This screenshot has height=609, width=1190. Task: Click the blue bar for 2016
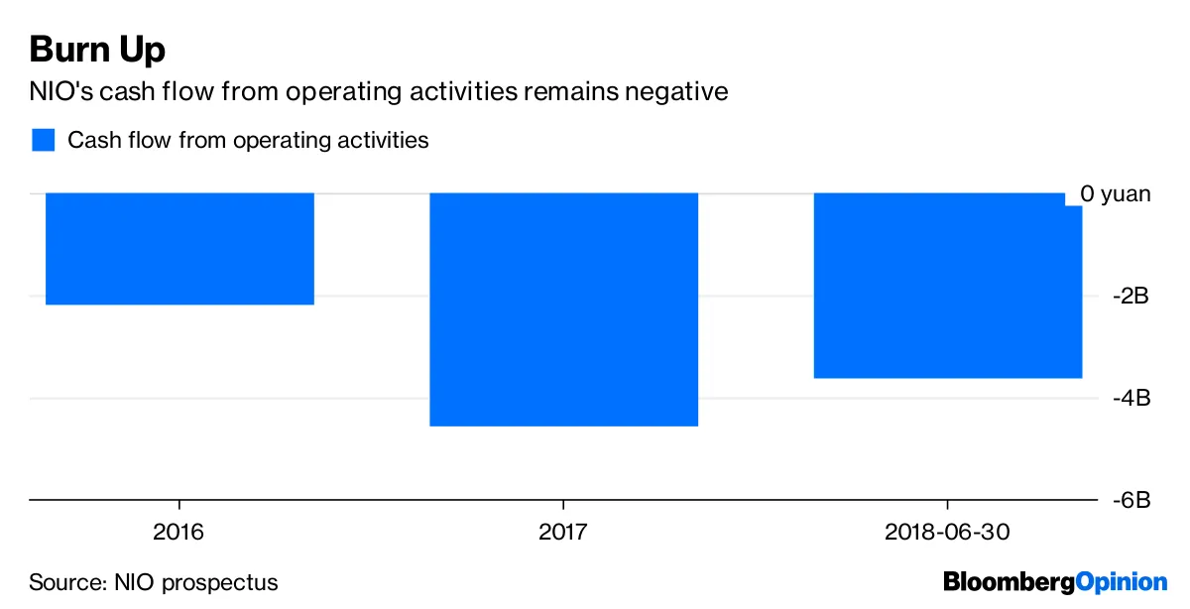click(179, 249)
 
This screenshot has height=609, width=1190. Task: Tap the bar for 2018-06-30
click(947, 286)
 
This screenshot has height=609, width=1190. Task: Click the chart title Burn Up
click(96, 50)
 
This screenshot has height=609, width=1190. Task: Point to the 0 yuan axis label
click(1115, 193)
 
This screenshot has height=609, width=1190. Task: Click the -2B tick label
click(1130, 297)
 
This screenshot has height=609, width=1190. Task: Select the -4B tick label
click(1130, 398)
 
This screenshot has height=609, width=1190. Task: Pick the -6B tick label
click(1130, 500)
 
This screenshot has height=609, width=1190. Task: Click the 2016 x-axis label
click(178, 532)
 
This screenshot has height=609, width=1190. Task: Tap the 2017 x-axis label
click(563, 532)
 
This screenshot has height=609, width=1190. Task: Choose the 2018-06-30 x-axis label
click(947, 532)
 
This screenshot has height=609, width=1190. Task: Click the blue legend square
click(42, 140)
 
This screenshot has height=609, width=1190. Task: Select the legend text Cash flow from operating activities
click(248, 140)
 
